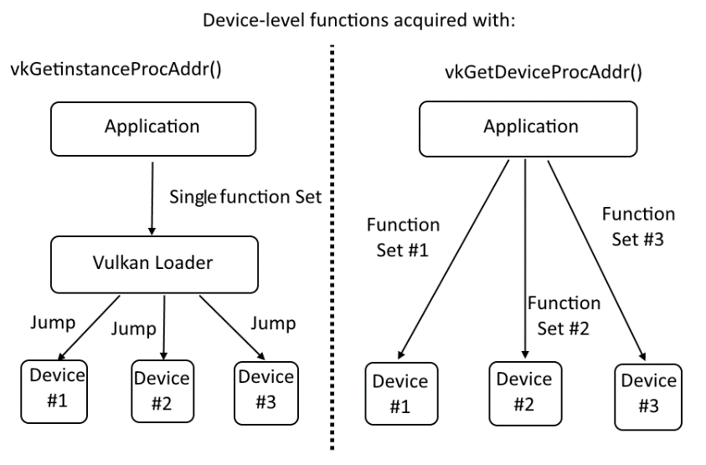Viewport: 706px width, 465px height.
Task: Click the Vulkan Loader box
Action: coord(154,265)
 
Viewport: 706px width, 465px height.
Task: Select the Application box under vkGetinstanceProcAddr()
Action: coord(153,129)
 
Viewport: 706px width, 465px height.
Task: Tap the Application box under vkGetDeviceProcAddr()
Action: coord(528,129)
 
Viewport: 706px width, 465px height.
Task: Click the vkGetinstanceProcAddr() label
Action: coord(116,70)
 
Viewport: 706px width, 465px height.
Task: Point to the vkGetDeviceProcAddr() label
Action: coord(544,72)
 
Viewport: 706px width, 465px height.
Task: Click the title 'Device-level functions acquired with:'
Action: coord(358,20)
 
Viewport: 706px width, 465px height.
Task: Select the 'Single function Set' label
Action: coord(245,197)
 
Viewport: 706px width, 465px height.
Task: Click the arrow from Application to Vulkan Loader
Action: coord(152,199)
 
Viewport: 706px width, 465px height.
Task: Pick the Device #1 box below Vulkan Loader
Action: coord(54,391)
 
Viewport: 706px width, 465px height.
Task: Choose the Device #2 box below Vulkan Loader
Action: coord(162,391)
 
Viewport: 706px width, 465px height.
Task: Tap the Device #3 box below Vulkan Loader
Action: coord(266,393)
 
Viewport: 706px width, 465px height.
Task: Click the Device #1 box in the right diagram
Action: coord(401,394)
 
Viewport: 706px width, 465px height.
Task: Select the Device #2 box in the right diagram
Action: coord(525,393)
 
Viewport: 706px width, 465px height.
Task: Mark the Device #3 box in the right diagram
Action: coord(648,397)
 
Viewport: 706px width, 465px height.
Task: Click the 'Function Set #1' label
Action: coord(403,237)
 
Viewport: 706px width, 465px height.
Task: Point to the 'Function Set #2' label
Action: coord(564,316)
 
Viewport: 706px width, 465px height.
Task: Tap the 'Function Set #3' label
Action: coord(638,227)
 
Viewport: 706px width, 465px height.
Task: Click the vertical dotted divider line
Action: coord(332,247)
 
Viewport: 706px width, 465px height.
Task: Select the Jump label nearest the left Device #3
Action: coord(273,323)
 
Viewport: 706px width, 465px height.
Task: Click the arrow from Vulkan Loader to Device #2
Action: coord(164,328)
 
